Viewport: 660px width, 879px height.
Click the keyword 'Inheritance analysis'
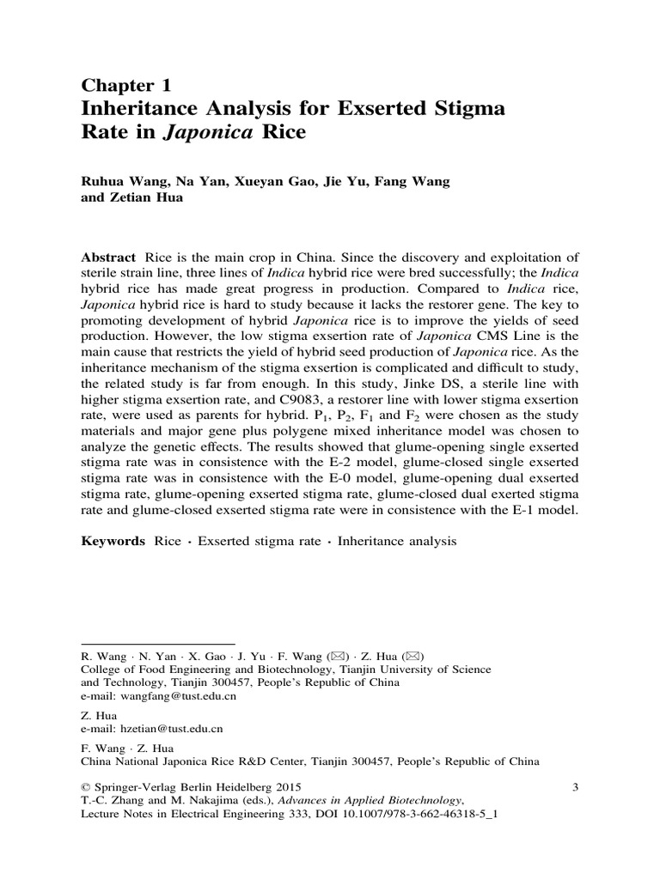[398, 542]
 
